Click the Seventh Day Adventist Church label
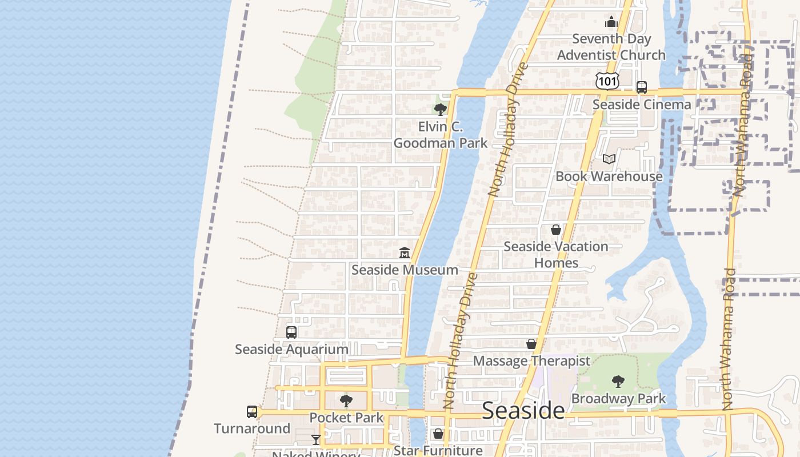611,47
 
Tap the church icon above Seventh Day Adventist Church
611,22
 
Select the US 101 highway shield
606,81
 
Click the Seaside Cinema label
641,105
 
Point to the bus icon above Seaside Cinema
642,87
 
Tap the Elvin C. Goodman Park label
441,135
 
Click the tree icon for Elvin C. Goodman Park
440,109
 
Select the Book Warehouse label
609,176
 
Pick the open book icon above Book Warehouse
609,159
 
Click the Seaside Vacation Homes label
556,255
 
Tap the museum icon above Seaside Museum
405,252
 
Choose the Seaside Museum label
405,270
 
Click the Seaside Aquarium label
291,349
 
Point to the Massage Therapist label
531,361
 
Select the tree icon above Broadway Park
618,382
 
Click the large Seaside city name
523,410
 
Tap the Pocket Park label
346,418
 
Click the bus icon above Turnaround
252,411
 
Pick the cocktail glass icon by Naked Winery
316,439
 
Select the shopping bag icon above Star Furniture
438,434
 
